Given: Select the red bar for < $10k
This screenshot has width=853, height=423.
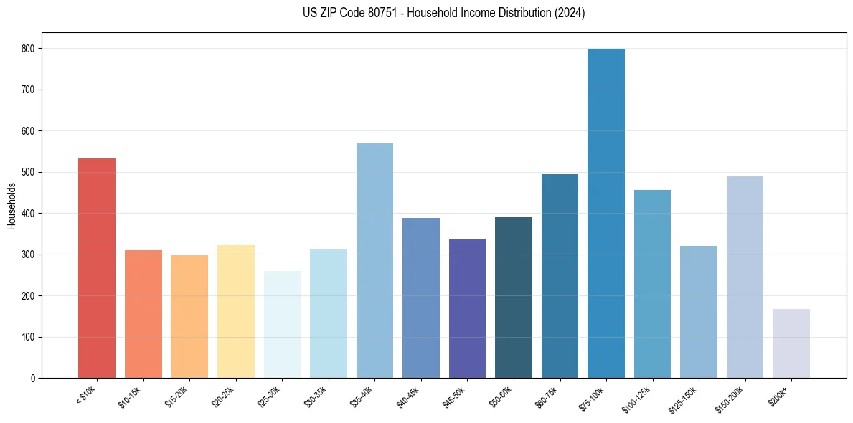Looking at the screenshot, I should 97,268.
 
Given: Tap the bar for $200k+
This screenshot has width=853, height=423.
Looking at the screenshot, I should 791,343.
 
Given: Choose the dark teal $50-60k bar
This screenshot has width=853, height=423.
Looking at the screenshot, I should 514,298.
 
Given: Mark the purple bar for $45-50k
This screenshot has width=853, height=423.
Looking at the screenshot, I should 467,308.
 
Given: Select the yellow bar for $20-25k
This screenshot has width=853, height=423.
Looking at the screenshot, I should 235,311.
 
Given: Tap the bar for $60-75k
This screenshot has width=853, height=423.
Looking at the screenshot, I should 560,276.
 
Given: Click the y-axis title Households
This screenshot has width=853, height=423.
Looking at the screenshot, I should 12,206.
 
